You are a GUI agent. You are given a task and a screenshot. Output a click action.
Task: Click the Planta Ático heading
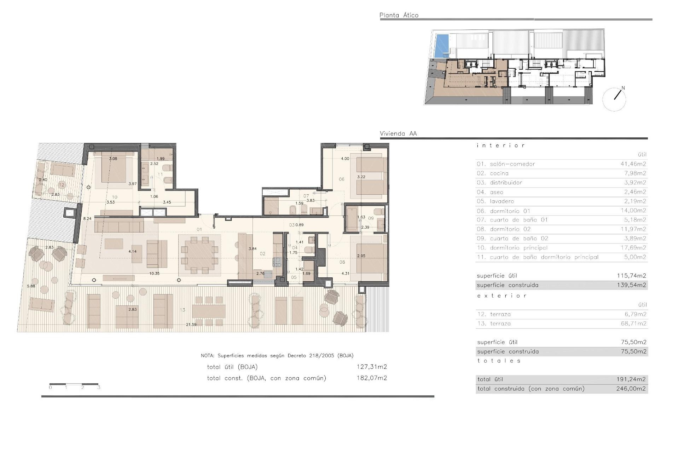tap(399, 15)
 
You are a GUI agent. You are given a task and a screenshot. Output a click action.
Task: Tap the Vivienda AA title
tap(398, 133)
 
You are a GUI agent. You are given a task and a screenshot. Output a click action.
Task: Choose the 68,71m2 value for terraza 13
tap(633, 323)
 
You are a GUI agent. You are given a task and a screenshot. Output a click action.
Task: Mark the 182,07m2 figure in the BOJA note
tap(371, 378)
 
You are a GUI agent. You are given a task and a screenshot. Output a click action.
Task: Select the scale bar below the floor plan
tap(74, 384)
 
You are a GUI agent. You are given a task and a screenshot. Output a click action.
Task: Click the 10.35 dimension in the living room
tap(154, 274)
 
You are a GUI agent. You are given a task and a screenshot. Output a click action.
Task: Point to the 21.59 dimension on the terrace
tap(191, 325)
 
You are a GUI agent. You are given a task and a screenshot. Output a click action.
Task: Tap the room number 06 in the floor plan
tap(341, 179)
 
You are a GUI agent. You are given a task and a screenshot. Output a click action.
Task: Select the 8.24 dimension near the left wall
tap(87, 219)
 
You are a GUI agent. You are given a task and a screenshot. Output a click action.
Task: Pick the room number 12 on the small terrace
tap(62, 185)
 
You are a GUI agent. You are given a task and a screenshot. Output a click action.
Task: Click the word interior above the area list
tap(500, 145)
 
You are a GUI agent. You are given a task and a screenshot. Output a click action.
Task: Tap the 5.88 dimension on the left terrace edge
tap(31, 286)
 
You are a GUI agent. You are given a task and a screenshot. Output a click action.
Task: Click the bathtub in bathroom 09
tap(352, 220)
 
